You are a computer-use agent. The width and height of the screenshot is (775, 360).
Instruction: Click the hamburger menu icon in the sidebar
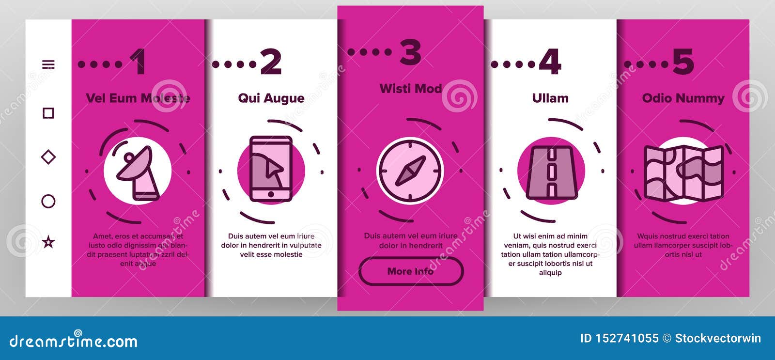click(x=48, y=64)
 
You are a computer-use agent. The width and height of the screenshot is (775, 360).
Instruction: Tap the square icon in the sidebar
click(x=48, y=113)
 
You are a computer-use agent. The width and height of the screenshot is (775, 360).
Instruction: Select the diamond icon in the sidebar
click(x=48, y=157)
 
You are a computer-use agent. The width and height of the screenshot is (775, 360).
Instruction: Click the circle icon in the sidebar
click(x=48, y=201)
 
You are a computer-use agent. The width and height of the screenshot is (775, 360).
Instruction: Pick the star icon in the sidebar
click(x=48, y=242)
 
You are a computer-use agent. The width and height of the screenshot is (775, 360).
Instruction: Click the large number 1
click(x=138, y=62)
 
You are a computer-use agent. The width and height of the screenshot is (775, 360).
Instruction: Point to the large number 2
click(x=271, y=62)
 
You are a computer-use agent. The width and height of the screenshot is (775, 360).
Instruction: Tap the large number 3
click(x=410, y=52)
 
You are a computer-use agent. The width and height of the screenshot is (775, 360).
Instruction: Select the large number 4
click(x=550, y=62)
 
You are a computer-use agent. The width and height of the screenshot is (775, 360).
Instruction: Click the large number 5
click(x=683, y=62)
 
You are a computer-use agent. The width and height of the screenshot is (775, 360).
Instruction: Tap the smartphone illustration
click(x=271, y=169)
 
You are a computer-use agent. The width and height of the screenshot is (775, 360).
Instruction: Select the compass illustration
click(x=410, y=171)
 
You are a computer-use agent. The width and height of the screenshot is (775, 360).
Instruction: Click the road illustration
click(x=552, y=172)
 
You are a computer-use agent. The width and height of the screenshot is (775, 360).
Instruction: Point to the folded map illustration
click(x=683, y=173)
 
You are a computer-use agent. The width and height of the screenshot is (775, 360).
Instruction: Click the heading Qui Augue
click(x=271, y=99)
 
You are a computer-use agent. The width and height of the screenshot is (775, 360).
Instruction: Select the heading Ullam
click(x=550, y=98)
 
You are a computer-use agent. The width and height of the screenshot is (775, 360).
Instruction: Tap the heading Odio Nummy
click(x=683, y=99)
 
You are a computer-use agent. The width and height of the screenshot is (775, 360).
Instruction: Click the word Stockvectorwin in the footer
click(x=718, y=338)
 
